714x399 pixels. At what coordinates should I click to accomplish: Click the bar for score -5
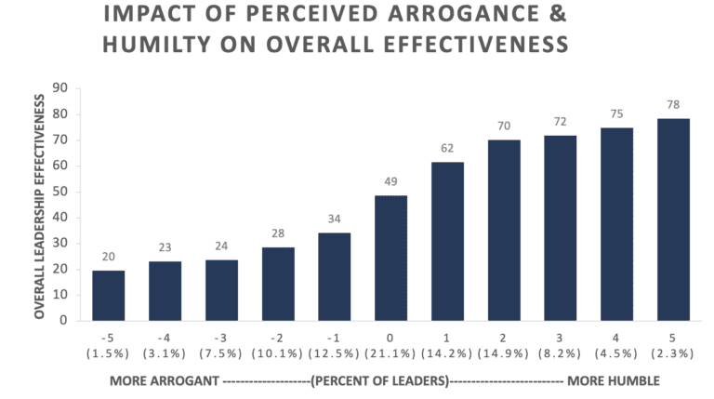pos(108,295)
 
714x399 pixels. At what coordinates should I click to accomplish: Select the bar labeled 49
pos(390,258)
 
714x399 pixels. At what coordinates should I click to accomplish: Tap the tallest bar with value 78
pos(675,219)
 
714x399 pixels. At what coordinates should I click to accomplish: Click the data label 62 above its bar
pos(447,149)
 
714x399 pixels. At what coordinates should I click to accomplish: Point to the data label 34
pos(334,219)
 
